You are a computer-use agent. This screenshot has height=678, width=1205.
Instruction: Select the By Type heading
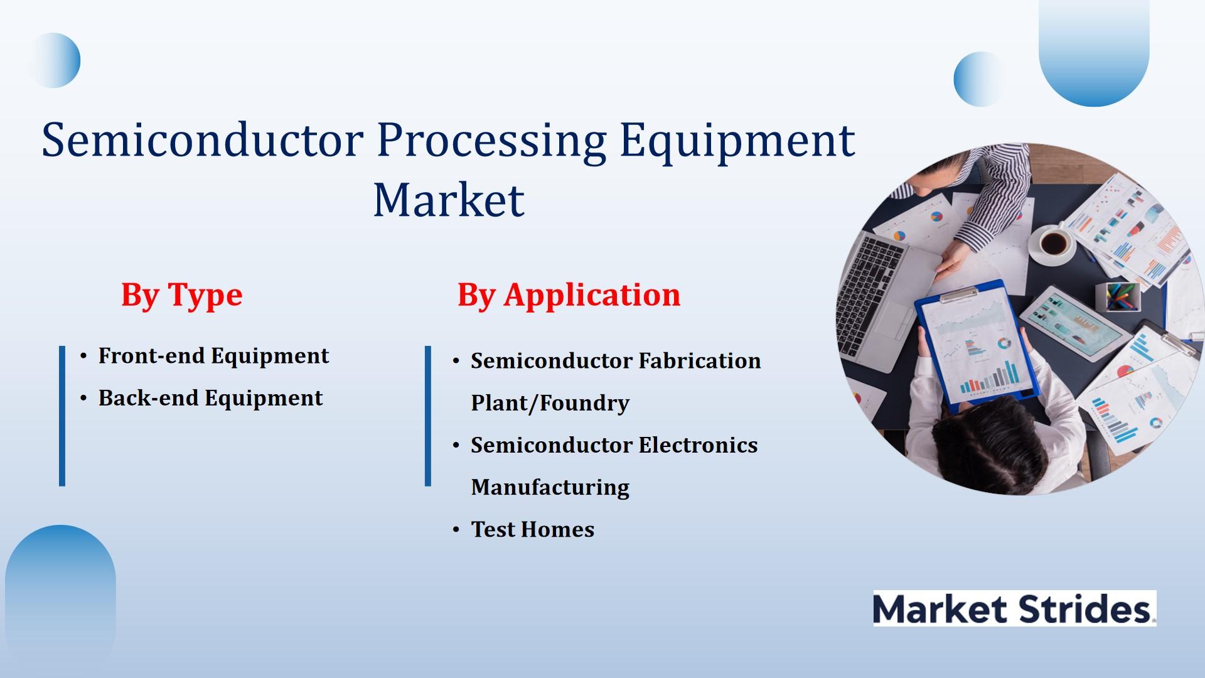[x=182, y=295]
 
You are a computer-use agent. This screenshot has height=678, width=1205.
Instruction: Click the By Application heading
[x=569, y=295]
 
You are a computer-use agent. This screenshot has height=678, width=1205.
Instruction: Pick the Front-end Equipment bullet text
[x=213, y=356]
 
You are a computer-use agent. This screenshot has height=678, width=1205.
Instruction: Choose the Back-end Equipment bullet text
[x=210, y=398]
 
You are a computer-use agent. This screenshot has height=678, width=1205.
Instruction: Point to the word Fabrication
[x=700, y=361]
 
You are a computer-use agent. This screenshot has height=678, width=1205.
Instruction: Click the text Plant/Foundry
[x=550, y=403]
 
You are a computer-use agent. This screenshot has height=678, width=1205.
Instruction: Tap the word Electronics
[x=699, y=445]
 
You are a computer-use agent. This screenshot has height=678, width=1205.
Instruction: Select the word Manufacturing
[x=550, y=488]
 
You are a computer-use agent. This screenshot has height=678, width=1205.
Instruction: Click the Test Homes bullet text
[x=533, y=529]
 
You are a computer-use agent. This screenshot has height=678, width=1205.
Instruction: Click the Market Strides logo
[x=1015, y=608]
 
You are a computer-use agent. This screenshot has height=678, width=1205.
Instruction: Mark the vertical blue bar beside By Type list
[x=62, y=416]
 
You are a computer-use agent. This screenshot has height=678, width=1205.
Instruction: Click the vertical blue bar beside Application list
[x=428, y=416]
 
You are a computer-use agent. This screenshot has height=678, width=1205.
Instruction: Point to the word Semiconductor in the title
[x=203, y=139]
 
